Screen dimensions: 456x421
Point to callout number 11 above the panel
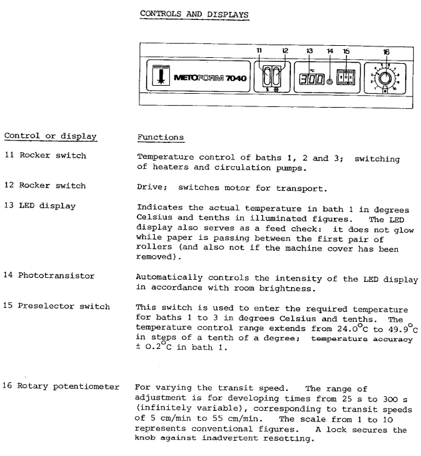(x=260, y=50)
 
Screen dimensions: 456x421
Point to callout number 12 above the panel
(x=286, y=50)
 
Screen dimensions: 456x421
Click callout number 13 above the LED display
(x=309, y=51)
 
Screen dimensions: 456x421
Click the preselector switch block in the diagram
(x=347, y=78)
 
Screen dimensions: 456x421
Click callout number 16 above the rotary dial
(x=386, y=51)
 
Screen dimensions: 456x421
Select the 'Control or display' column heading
(x=51, y=136)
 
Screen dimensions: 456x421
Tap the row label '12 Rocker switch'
(x=41, y=185)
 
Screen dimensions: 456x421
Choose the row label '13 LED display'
(x=39, y=205)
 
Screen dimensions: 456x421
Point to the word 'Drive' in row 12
(x=150, y=185)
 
